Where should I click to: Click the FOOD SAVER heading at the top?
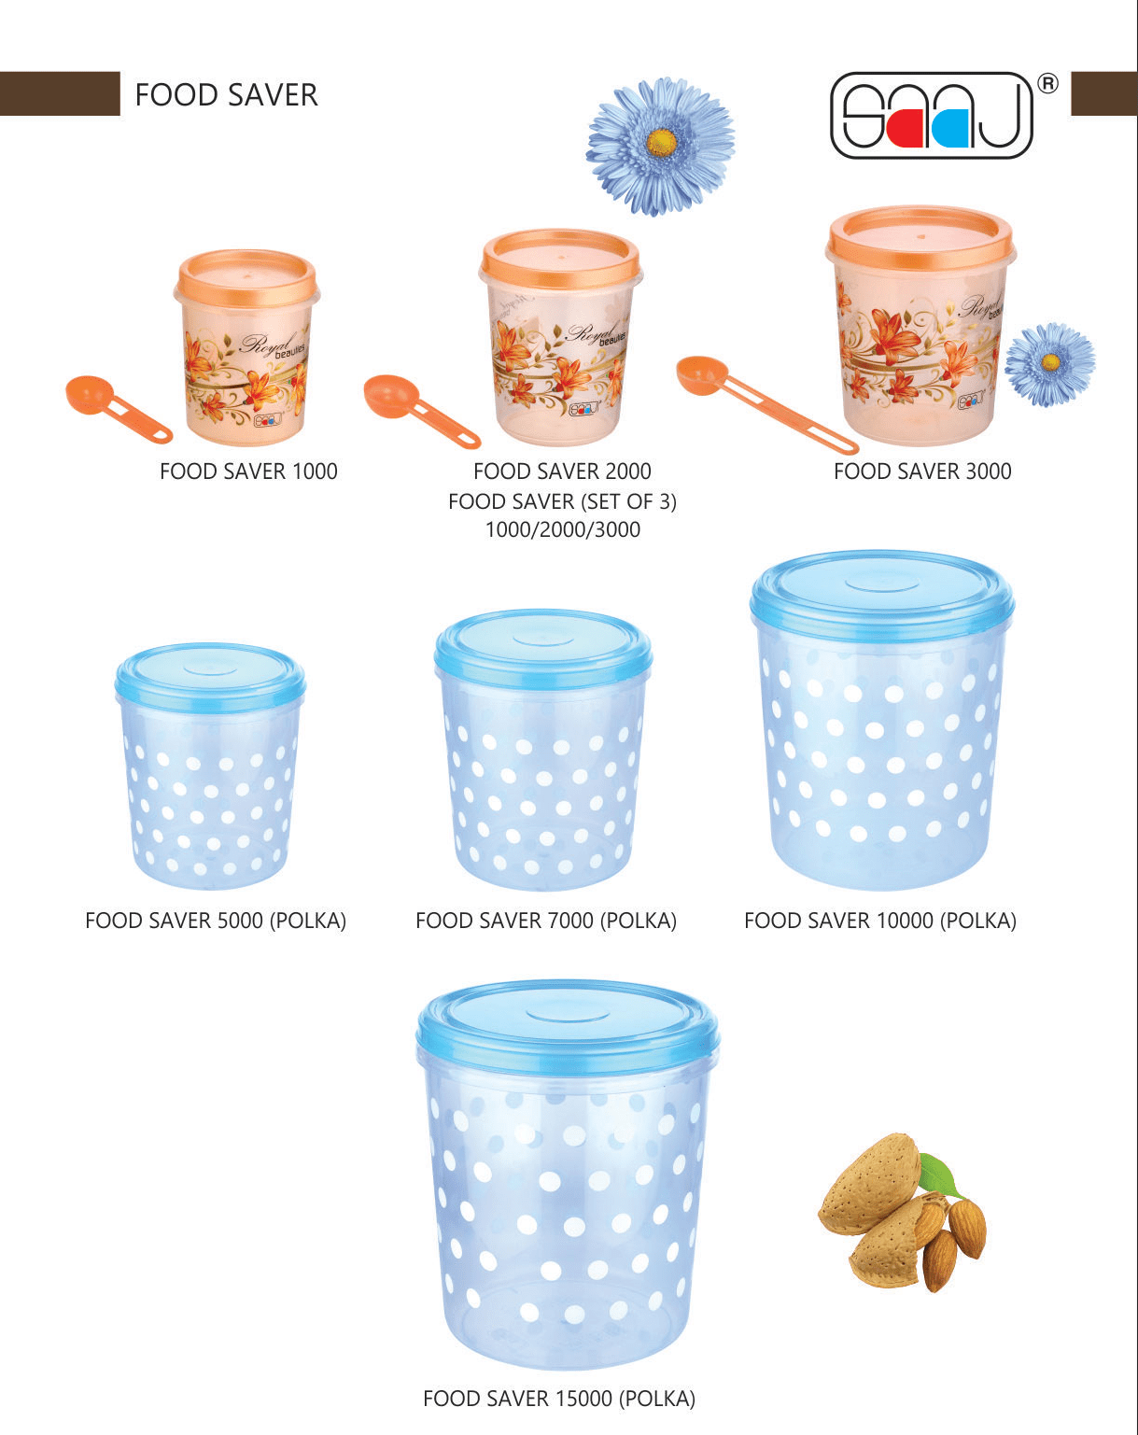point(226,94)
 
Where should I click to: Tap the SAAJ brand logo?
point(931,116)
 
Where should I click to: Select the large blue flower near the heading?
point(661,145)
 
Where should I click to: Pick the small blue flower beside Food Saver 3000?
point(1050,363)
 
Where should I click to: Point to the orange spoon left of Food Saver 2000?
point(416,408)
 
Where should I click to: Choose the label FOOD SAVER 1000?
point(248,471)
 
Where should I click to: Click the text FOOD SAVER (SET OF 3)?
point(562,501)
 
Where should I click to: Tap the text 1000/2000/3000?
point(562,530)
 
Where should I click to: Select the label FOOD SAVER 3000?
point(922,471)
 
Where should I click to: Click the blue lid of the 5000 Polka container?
point(210,673)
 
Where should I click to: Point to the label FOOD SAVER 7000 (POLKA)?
point(546,921)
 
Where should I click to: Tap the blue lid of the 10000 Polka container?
point(882,589)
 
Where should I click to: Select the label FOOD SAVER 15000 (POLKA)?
point(559,1399)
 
